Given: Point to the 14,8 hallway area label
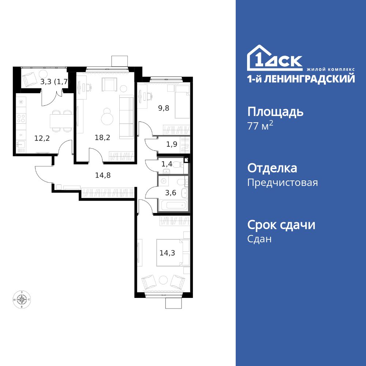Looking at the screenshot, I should click(x=103, y=175).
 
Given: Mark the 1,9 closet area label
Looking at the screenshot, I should click(x=172, y=144).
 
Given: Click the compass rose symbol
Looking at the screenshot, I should click(x=23, y=300).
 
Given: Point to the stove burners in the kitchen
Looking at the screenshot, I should click(x=21, y=118).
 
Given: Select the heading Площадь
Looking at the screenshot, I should click(x=275, y=112).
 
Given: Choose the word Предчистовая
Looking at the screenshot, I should click(x=283, y=183).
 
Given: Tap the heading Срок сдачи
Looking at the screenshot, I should click(x=281, y=225).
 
